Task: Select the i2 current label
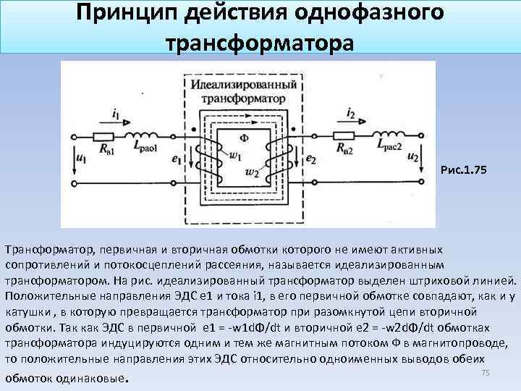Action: (x=350, y=113)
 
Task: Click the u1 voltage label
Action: (x=80, y=155)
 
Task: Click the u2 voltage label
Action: (x=413, y=156)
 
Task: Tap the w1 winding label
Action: (x=233, y=154)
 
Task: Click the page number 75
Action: (x=486, y=372)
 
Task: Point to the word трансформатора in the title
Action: (x=260, y=40)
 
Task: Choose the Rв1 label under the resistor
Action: (x=106, y=151)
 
